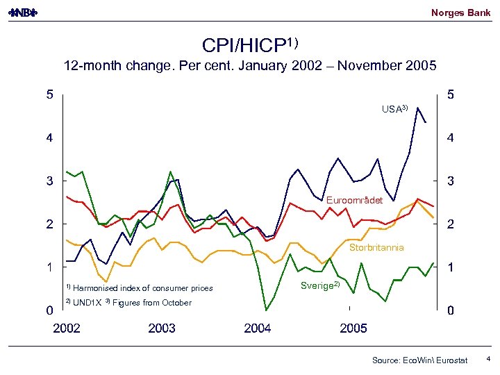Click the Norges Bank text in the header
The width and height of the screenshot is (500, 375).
[460, 12]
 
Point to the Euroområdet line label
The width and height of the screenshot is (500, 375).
[353, 200]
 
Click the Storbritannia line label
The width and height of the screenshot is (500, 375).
[376, 247]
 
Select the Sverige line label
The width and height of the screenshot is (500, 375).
[319, 285]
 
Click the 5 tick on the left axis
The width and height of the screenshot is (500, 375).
[49, 95]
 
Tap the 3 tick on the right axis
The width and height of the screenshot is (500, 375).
[451, 181]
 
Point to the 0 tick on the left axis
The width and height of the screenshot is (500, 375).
[49, 310]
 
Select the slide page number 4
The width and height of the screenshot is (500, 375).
[488, 359]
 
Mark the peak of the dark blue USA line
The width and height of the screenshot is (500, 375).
[418, 108]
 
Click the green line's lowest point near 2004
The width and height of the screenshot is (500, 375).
[266, 310]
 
